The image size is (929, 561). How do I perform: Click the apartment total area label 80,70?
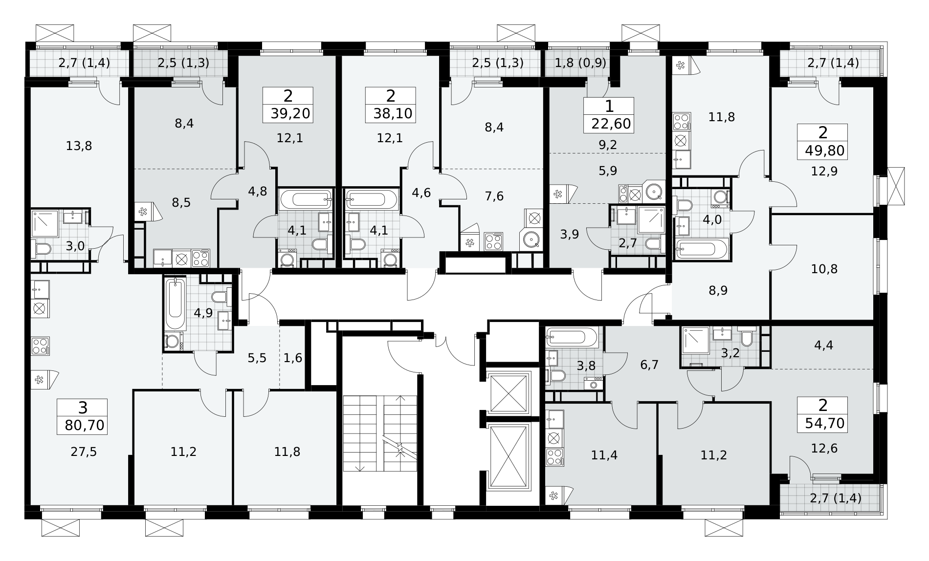(x=85, y=425)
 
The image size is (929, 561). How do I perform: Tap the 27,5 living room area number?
(x=84, y=452)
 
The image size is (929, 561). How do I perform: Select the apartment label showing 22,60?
(x=612, y=123)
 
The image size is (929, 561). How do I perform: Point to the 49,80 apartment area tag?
(x=825, y=151)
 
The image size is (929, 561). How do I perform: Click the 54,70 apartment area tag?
(x=825, y=423)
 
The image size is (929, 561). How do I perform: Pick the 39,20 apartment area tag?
(x=290, y=114)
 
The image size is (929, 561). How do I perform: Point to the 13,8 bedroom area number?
(x=79, y=146)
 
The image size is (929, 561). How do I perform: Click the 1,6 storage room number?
(x=293, y=358)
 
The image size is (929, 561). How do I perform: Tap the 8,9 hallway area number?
(x=718, y=291)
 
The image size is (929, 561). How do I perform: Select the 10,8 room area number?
(x=824, y=269)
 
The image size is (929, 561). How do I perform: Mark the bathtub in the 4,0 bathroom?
(x=702, y=249)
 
